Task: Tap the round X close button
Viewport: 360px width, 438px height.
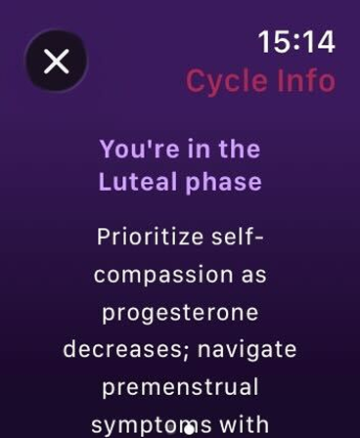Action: pos(56,62)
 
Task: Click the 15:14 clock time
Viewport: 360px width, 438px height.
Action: pos(295,41)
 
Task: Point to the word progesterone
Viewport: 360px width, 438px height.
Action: pos(180,313)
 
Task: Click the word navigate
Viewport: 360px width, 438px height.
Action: pos(249,349)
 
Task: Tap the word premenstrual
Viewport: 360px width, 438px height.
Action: pos(180,387)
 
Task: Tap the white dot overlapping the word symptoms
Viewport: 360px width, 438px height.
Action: pos(188,428)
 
